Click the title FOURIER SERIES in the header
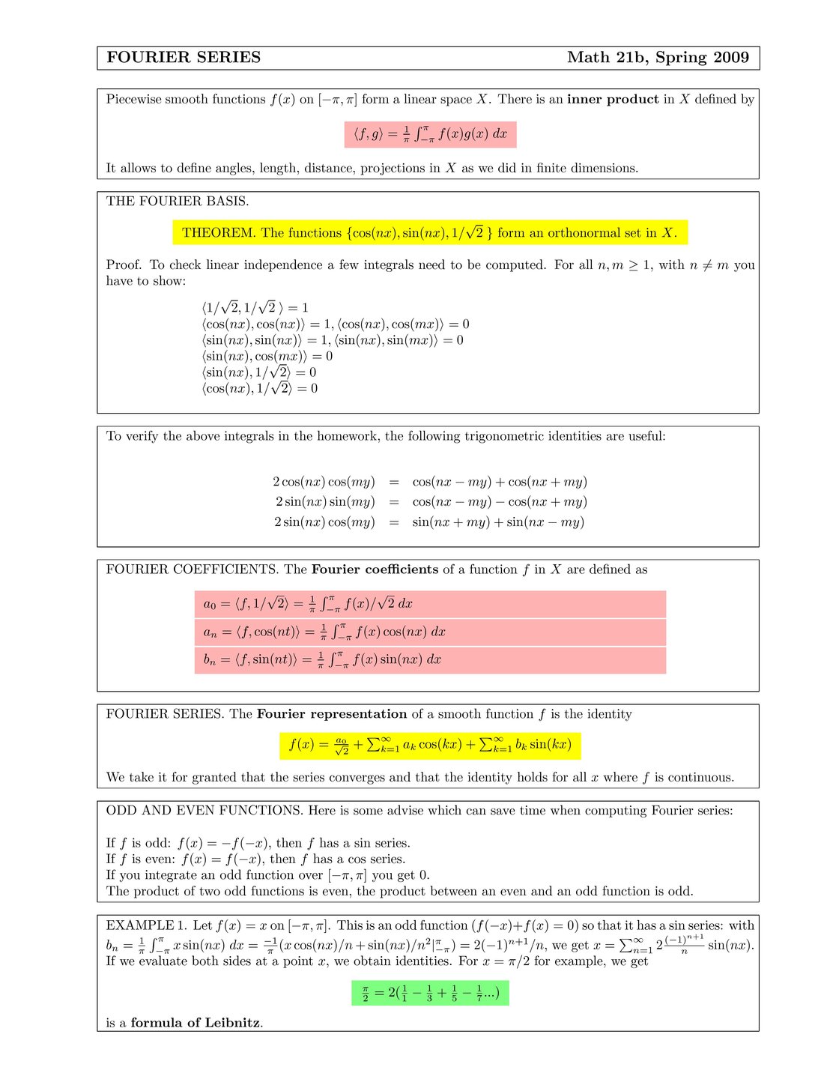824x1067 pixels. pos(184,58)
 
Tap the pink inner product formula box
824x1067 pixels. pos(430,134)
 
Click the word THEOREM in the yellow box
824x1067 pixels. pos(219,232)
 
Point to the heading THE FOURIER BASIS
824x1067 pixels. pos(178,201)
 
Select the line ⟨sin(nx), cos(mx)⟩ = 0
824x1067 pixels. pos(267,356)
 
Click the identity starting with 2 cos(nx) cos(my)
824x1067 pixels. pos(430,482)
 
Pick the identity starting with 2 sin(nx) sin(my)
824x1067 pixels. pos(430,502)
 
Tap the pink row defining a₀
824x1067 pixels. pos(430,604)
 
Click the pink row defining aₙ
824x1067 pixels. pos(430,632)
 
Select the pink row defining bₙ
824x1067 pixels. pos(430,660)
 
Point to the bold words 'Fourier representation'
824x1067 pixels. pos(331,714)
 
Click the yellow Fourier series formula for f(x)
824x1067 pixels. pos(430,745)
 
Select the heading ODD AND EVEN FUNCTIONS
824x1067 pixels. pos(204,810)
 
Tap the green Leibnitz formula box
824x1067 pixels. pos(430,994)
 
